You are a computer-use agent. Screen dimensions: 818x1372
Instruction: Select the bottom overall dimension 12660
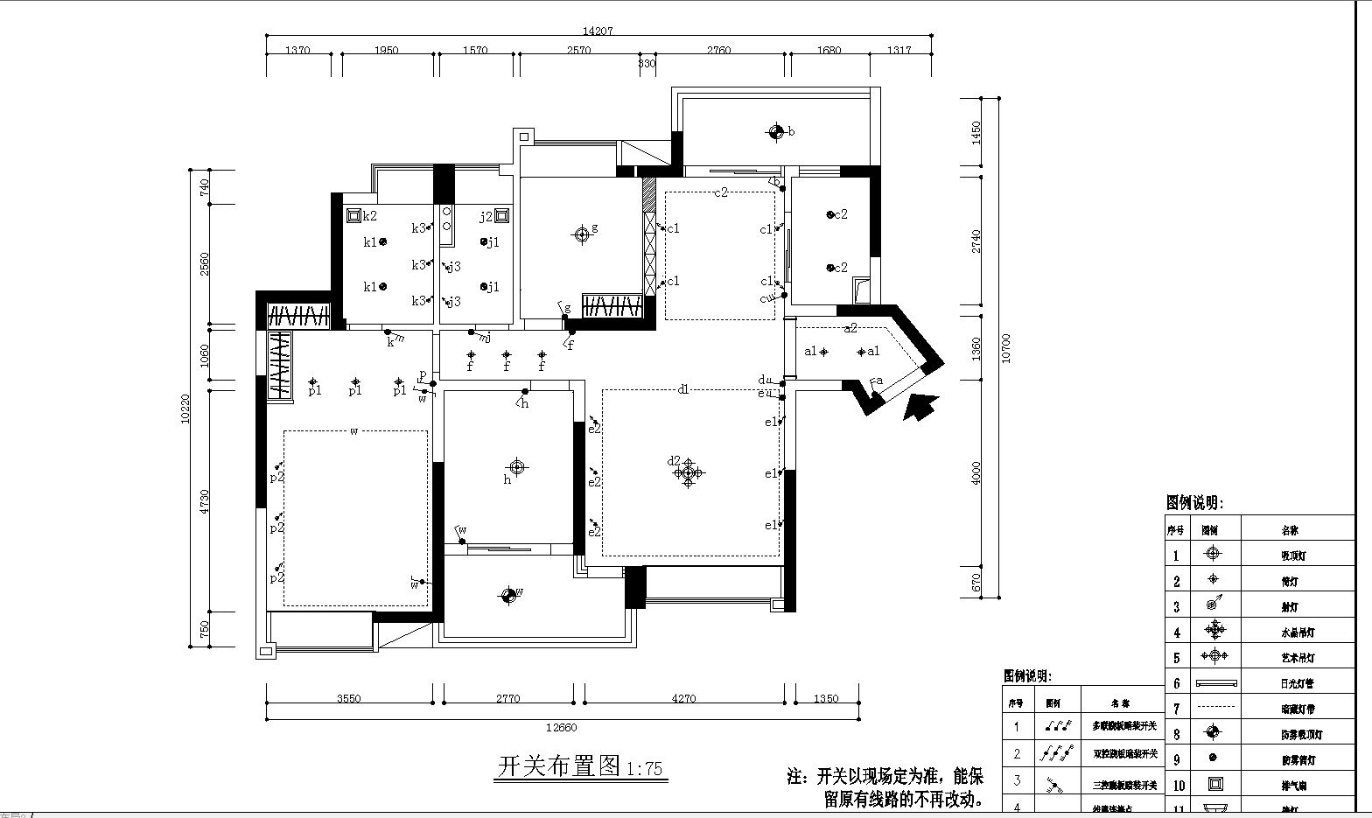561,727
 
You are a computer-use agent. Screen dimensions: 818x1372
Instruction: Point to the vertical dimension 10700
1005,348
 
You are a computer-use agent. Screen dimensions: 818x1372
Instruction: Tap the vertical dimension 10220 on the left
185,409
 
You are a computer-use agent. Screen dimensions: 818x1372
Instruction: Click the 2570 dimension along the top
578,50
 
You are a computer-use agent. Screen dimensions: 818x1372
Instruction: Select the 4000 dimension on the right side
976,472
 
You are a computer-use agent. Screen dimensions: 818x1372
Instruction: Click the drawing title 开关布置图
559,767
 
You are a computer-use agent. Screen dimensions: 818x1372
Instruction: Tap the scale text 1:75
645,769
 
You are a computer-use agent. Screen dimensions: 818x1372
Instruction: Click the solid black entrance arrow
920,407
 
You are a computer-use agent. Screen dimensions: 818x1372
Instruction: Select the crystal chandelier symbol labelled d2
689,473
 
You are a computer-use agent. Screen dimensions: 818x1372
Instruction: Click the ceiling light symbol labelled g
582,234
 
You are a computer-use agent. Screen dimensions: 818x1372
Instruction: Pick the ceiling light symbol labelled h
517,467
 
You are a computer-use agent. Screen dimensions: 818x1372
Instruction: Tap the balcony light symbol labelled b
775,132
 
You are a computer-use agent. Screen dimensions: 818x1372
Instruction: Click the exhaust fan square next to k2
353,215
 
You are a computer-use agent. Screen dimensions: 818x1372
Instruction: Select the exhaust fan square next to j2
501,215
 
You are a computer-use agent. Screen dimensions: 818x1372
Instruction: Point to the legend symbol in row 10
1213,784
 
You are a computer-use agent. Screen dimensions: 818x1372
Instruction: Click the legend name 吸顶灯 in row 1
1296,555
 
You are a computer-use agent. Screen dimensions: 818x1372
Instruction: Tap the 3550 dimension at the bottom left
348,698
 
